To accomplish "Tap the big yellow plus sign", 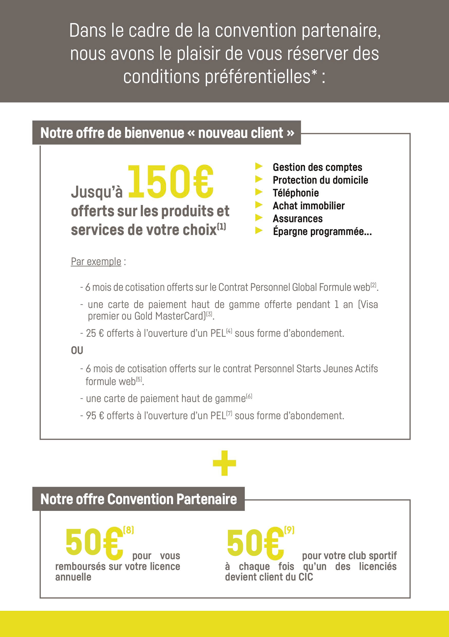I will [224, 463].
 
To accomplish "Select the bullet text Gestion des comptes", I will [317, 167].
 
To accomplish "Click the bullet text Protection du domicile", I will [320, 180].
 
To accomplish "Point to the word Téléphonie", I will [296, 193].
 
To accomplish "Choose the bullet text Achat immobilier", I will [308, 206].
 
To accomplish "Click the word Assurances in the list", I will [297, 219].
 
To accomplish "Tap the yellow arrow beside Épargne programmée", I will [259, 230].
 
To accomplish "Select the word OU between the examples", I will [77, 351].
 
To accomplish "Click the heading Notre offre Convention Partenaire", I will [138, 499].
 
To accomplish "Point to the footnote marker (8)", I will [128, 530].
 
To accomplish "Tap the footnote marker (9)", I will [289, 530].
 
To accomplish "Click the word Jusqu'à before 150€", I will [97, 192].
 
